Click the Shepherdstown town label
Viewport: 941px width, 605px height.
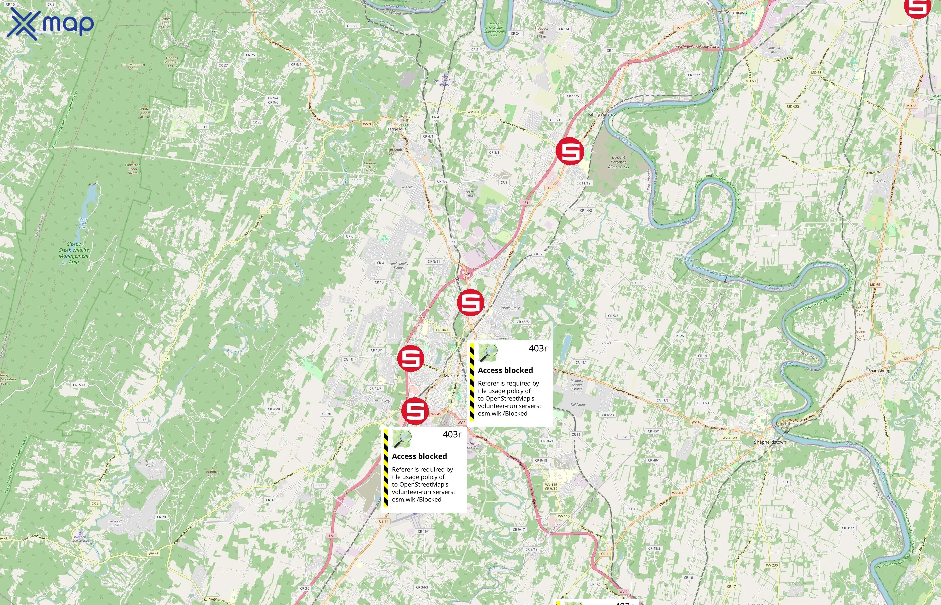pos(770,442)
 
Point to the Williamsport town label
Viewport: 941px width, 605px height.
pos(736,12)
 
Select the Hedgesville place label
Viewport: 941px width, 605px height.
pos(397,129)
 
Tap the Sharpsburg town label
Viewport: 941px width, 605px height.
pos(878,371)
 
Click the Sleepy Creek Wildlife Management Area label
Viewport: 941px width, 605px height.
pos(74,253)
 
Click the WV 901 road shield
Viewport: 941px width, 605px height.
pos(473,112)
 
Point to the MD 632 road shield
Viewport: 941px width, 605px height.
pos(793,106)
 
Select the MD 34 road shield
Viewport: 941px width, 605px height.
pos(909,359)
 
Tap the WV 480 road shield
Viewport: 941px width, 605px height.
pos(678,493)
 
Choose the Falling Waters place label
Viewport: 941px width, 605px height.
pos(600,114)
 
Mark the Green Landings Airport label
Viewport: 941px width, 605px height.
pos(444,82)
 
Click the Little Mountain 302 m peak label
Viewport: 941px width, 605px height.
pos(133,67)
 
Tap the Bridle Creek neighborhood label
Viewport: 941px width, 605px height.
pos(510,308)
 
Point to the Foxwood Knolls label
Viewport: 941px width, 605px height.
pos(115,523)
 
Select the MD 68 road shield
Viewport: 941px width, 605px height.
pos(816,73)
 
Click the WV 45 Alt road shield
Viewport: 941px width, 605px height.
pos(730,438)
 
